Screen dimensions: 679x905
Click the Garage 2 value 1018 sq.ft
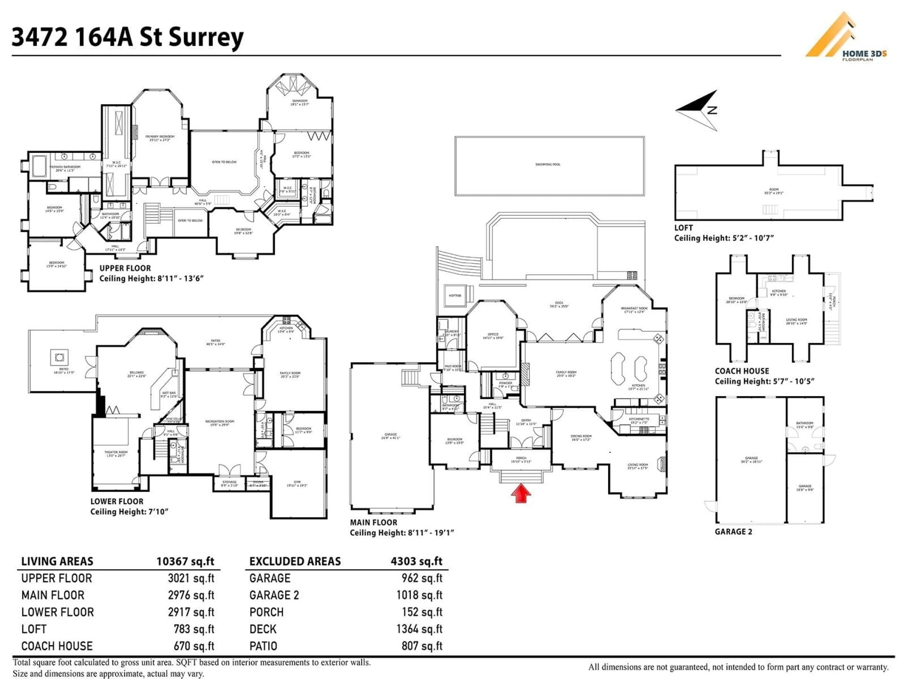[x=419, y=595]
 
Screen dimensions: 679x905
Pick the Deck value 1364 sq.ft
[x=419, y=629]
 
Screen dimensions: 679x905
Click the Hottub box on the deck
[x=455, y=295]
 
